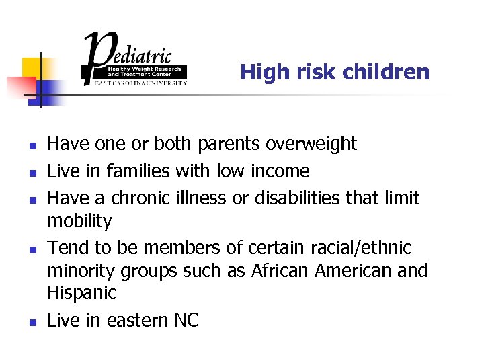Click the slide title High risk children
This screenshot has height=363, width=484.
[x=335, y=72]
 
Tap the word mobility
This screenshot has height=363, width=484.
[x=79, y=221]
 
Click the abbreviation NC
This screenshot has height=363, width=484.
[x=185, y=321]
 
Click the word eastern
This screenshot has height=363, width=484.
[x=134, y=321]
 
